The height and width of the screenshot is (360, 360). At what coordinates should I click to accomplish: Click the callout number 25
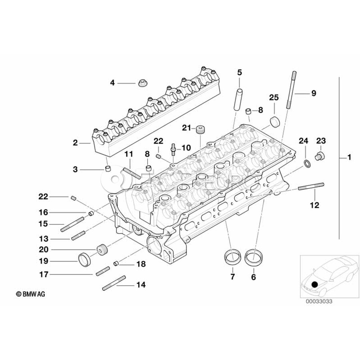274,98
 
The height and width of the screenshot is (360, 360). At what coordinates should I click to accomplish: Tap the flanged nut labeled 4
142,83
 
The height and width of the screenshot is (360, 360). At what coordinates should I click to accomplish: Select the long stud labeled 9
291,90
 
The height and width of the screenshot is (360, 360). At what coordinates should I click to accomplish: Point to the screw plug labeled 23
320,156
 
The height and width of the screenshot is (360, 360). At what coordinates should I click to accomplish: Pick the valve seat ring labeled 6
254,258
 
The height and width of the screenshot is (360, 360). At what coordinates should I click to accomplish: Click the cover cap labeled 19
85,260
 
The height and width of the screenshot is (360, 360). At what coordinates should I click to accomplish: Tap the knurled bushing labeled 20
103,250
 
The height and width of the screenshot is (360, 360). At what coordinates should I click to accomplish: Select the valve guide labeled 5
238,100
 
